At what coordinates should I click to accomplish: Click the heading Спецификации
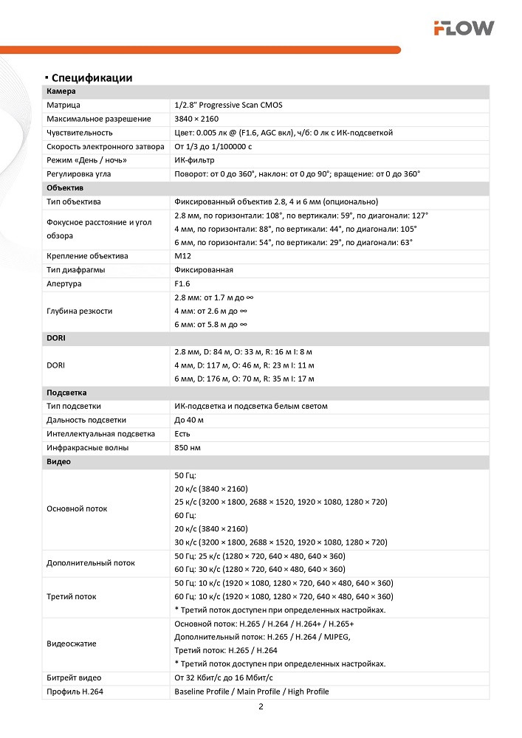tap(92, 77)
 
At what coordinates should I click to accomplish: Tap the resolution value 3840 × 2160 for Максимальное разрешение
tap(196, 119)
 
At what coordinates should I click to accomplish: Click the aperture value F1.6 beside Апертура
tap(182, 283)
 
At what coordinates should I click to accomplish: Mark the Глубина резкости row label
tap(80, 311)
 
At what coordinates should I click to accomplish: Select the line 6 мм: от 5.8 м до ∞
tap(210, 325)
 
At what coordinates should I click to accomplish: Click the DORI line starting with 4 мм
tap(244, 365)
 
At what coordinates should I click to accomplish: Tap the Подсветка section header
tap(66, 393)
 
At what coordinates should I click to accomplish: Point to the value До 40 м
tap(189, 420)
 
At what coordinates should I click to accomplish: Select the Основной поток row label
tap(77, 508)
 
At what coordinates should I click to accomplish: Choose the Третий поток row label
tap(72, 596)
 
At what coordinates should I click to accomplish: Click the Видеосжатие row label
tap(72, 644)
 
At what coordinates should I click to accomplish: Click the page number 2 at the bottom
tap(261, 706)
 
